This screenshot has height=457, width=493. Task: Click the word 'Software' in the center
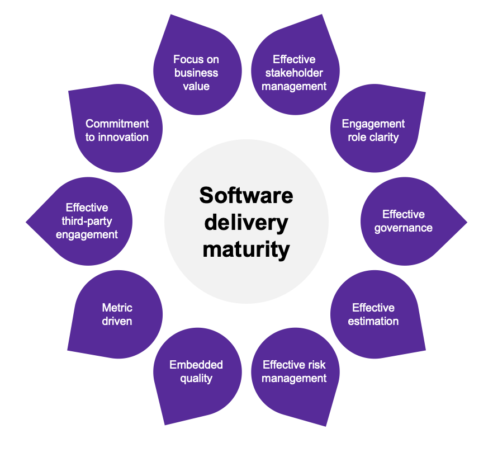(x=246, y=196)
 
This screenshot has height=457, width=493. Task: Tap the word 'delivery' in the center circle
(x=246, y=223)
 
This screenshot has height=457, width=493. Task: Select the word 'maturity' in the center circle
(x=246, y=249)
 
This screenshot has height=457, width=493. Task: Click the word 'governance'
(x=404, y=228)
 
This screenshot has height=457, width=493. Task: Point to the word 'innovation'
(x=123, y=137)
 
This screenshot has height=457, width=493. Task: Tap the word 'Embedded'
(x=196, y=365)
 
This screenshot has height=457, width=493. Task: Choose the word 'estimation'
(x=373, y=322)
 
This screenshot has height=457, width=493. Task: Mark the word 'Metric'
(x=117, y=308)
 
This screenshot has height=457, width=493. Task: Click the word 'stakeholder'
(x=294, y=73)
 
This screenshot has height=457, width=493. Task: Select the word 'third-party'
(x=87, y=221)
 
